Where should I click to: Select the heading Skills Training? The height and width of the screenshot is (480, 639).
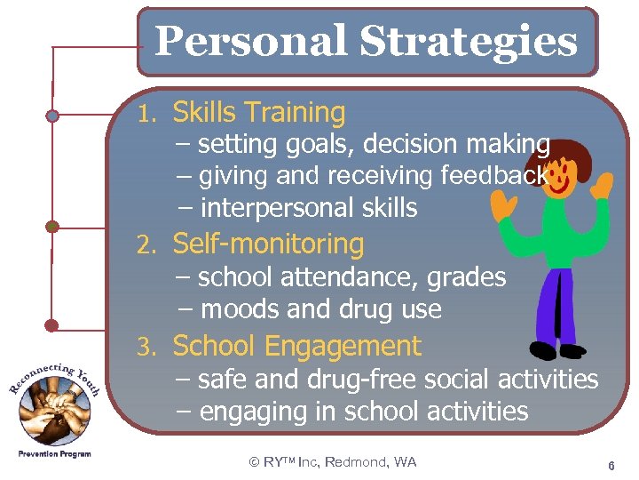click(x=258, y=113)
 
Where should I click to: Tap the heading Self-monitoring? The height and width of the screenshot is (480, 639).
click(x=268, y=244)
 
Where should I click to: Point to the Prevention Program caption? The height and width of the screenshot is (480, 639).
click(x=53, y=454)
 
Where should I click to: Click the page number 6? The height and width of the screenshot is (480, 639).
click(x=611, y=465)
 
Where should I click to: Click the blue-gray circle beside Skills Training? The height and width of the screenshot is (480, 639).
click(x=52, y=116)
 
